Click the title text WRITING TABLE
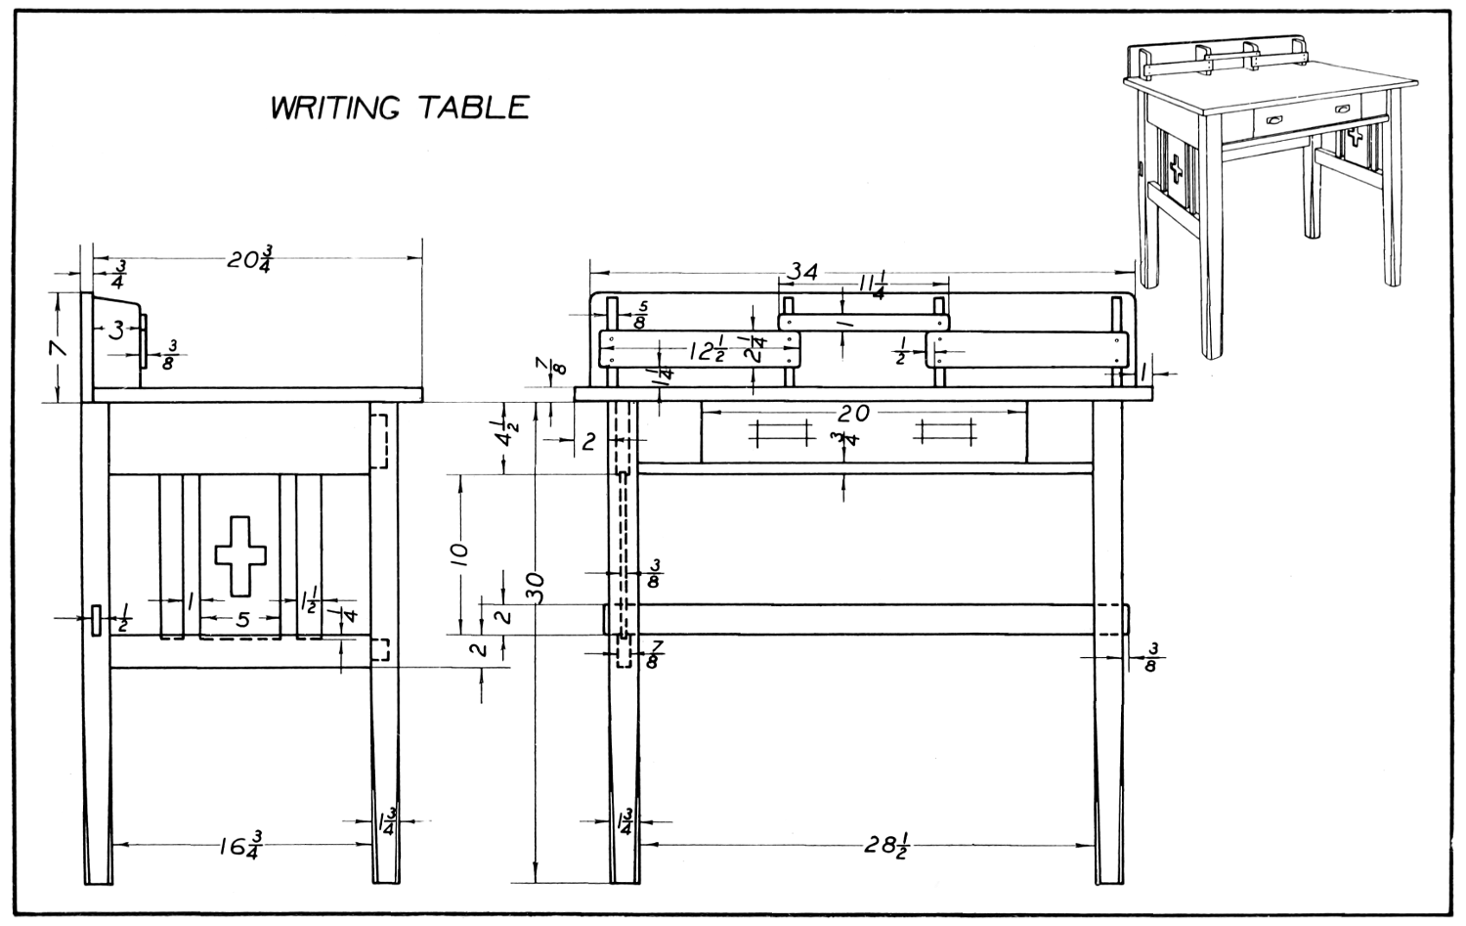click(x=400, y=107)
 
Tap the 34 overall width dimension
click(x=803, y=273)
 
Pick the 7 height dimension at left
click(x=59, y=347)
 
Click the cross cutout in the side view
click(x=239, y=553)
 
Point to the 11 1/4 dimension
click(x=872, y=287)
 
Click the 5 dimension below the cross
click(x=242, y=619)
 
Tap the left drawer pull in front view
click(x=781, y=430)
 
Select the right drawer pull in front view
click(x=944, y=430)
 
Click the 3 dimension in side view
click(x=116, y=331)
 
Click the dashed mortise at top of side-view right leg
click(x=378, y=441)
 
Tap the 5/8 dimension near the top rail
click(x=639, y=315)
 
